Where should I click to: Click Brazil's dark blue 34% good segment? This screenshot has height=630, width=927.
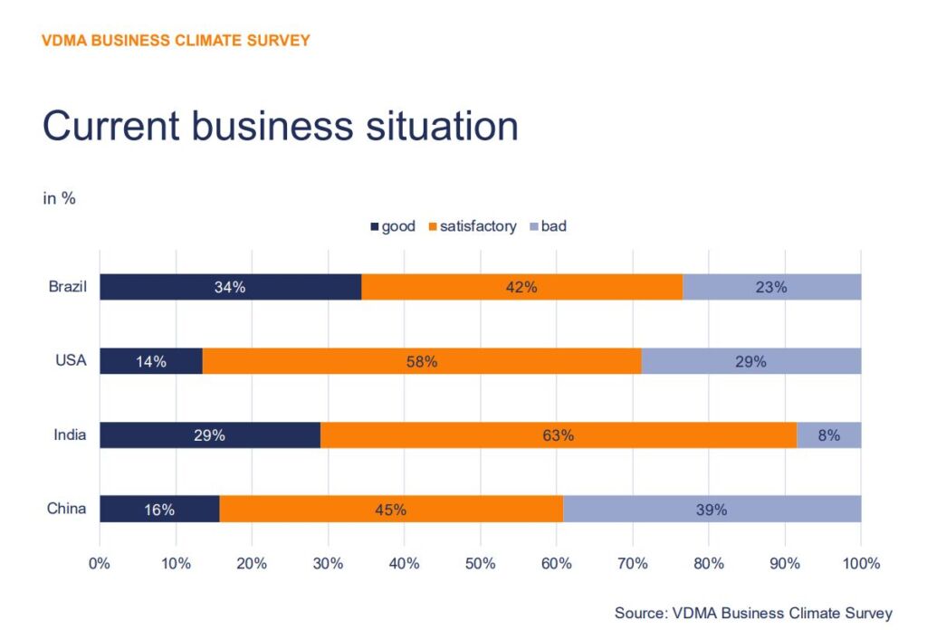(230, 287)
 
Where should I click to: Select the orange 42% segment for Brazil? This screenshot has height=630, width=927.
(521, 287)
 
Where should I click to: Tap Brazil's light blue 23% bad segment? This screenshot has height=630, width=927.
(771, 287)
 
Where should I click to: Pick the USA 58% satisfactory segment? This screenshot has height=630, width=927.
(422, 361)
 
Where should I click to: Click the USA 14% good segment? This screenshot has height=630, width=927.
(151, 361)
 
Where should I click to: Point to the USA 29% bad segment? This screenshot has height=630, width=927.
(750, 361)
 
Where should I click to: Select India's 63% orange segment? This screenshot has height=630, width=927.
(559, 435)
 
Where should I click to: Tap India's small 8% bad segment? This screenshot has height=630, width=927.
(828, 435)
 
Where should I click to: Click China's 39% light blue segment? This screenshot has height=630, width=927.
(712, 509)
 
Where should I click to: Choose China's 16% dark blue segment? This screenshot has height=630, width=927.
(159, 509)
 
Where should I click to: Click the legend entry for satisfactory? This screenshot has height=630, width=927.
(472, 226)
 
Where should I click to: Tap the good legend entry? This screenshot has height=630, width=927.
(392, 226)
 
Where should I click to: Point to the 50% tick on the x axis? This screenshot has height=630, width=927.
(480, 564)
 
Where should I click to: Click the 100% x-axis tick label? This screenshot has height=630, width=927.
(860, 564)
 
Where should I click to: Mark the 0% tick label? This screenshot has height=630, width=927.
(100, 564)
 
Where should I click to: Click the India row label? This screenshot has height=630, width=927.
(70, 435)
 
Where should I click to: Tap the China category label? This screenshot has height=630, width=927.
(67, 509)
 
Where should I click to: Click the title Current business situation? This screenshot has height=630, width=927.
(281, 126)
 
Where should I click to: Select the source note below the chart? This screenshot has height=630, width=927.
(753, 613)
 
